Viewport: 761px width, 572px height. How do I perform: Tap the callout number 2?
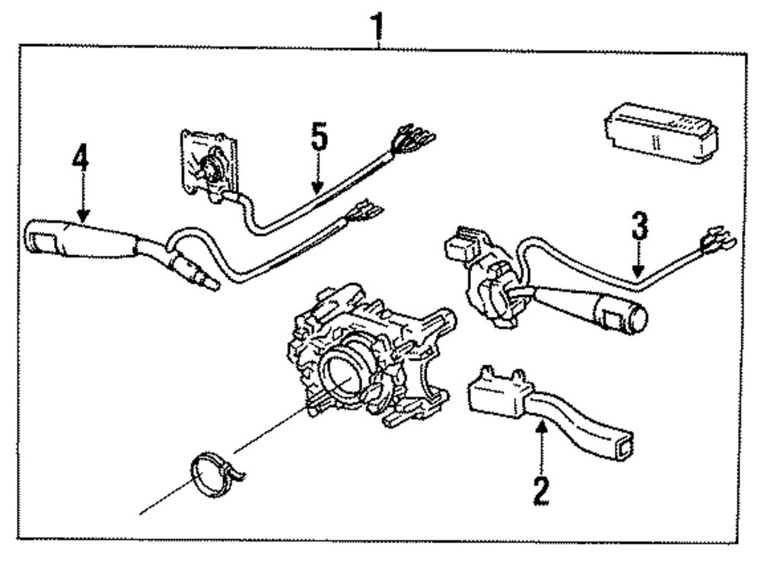pos(541,491)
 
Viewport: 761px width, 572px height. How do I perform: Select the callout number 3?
pos(640,226)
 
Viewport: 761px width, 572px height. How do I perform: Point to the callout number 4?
pos(81,158)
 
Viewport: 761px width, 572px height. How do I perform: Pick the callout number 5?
pos(320,140)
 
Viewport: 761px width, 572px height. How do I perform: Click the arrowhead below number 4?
pos(81,216)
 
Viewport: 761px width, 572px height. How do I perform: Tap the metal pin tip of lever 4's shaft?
pos(213,284)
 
